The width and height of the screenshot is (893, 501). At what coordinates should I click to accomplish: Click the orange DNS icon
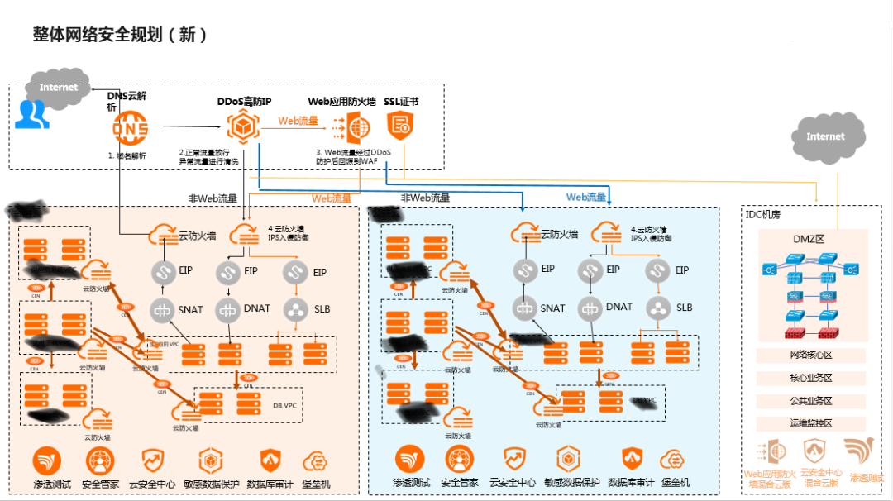131,127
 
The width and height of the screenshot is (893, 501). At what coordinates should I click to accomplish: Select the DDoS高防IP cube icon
241,126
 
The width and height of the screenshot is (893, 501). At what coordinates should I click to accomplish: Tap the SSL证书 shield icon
401,126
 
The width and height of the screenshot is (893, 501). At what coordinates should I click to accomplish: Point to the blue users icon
31,114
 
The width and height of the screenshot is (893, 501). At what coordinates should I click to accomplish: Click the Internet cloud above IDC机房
825,136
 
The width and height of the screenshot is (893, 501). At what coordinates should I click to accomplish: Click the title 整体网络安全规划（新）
119,35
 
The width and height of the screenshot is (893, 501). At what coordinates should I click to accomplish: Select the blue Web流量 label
586,197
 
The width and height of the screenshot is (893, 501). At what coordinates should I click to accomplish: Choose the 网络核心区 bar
810,355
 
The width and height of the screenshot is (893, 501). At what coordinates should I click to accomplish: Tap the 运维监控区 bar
810,423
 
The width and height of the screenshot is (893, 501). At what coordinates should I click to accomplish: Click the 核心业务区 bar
810,378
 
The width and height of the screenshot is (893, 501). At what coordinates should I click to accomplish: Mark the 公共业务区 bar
810,401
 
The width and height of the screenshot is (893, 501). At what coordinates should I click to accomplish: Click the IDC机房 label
764,214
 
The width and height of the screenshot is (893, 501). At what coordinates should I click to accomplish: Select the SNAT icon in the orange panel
162,309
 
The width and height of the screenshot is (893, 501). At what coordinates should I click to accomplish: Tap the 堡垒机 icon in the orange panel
315,460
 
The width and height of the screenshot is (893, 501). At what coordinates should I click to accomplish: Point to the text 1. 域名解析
127,155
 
